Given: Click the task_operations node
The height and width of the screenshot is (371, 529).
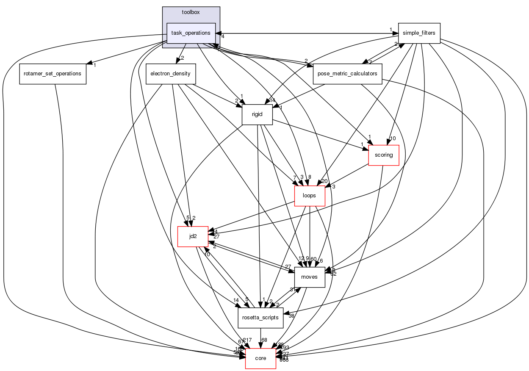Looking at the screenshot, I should pyautogui.click(x=191, y=33).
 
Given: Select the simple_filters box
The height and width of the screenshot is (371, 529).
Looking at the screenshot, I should pyautogui.click(x=419, y=33).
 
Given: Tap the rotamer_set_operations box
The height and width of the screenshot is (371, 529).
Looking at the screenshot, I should pyautogui.click(x=53, y=74).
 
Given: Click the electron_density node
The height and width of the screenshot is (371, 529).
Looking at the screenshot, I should pyautogui.click(x=170, y=74).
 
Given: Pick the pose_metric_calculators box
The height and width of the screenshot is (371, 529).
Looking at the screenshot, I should pyautogui.click(x=347, y=74).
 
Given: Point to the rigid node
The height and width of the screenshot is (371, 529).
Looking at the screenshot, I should pyautogui.click(x=257, y=114).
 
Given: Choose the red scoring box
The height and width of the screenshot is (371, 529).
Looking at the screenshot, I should pyautogui.click(x=384, y=155).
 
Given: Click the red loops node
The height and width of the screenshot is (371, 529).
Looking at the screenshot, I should pyautogui.click(x=310, y=196).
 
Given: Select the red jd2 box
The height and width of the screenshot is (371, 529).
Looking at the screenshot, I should pyautogui.click(x=193, y=236).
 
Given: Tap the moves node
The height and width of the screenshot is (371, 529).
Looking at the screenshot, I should pyautogui.click(x=310, y=277).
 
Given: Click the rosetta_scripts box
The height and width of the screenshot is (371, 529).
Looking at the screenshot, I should pyautogui.click(x=260, y=318).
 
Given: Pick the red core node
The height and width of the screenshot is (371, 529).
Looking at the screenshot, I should pyautogui.click(x=260, y=358).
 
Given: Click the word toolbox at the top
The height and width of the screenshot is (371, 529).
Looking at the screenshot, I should pyautogui.click(x=191, y=12).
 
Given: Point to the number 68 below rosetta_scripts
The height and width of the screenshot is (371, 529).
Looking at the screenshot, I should pyautogui.click(x=265, y=341).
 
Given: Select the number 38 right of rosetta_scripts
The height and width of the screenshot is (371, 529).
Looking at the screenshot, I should pyautogui.click(x=292, y=316).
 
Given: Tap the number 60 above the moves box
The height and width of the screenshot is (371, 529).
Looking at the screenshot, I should pyautogui.click(x=314, y=259).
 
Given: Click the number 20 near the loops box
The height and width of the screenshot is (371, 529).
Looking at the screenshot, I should pyautogui.click(x=324, y=181).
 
